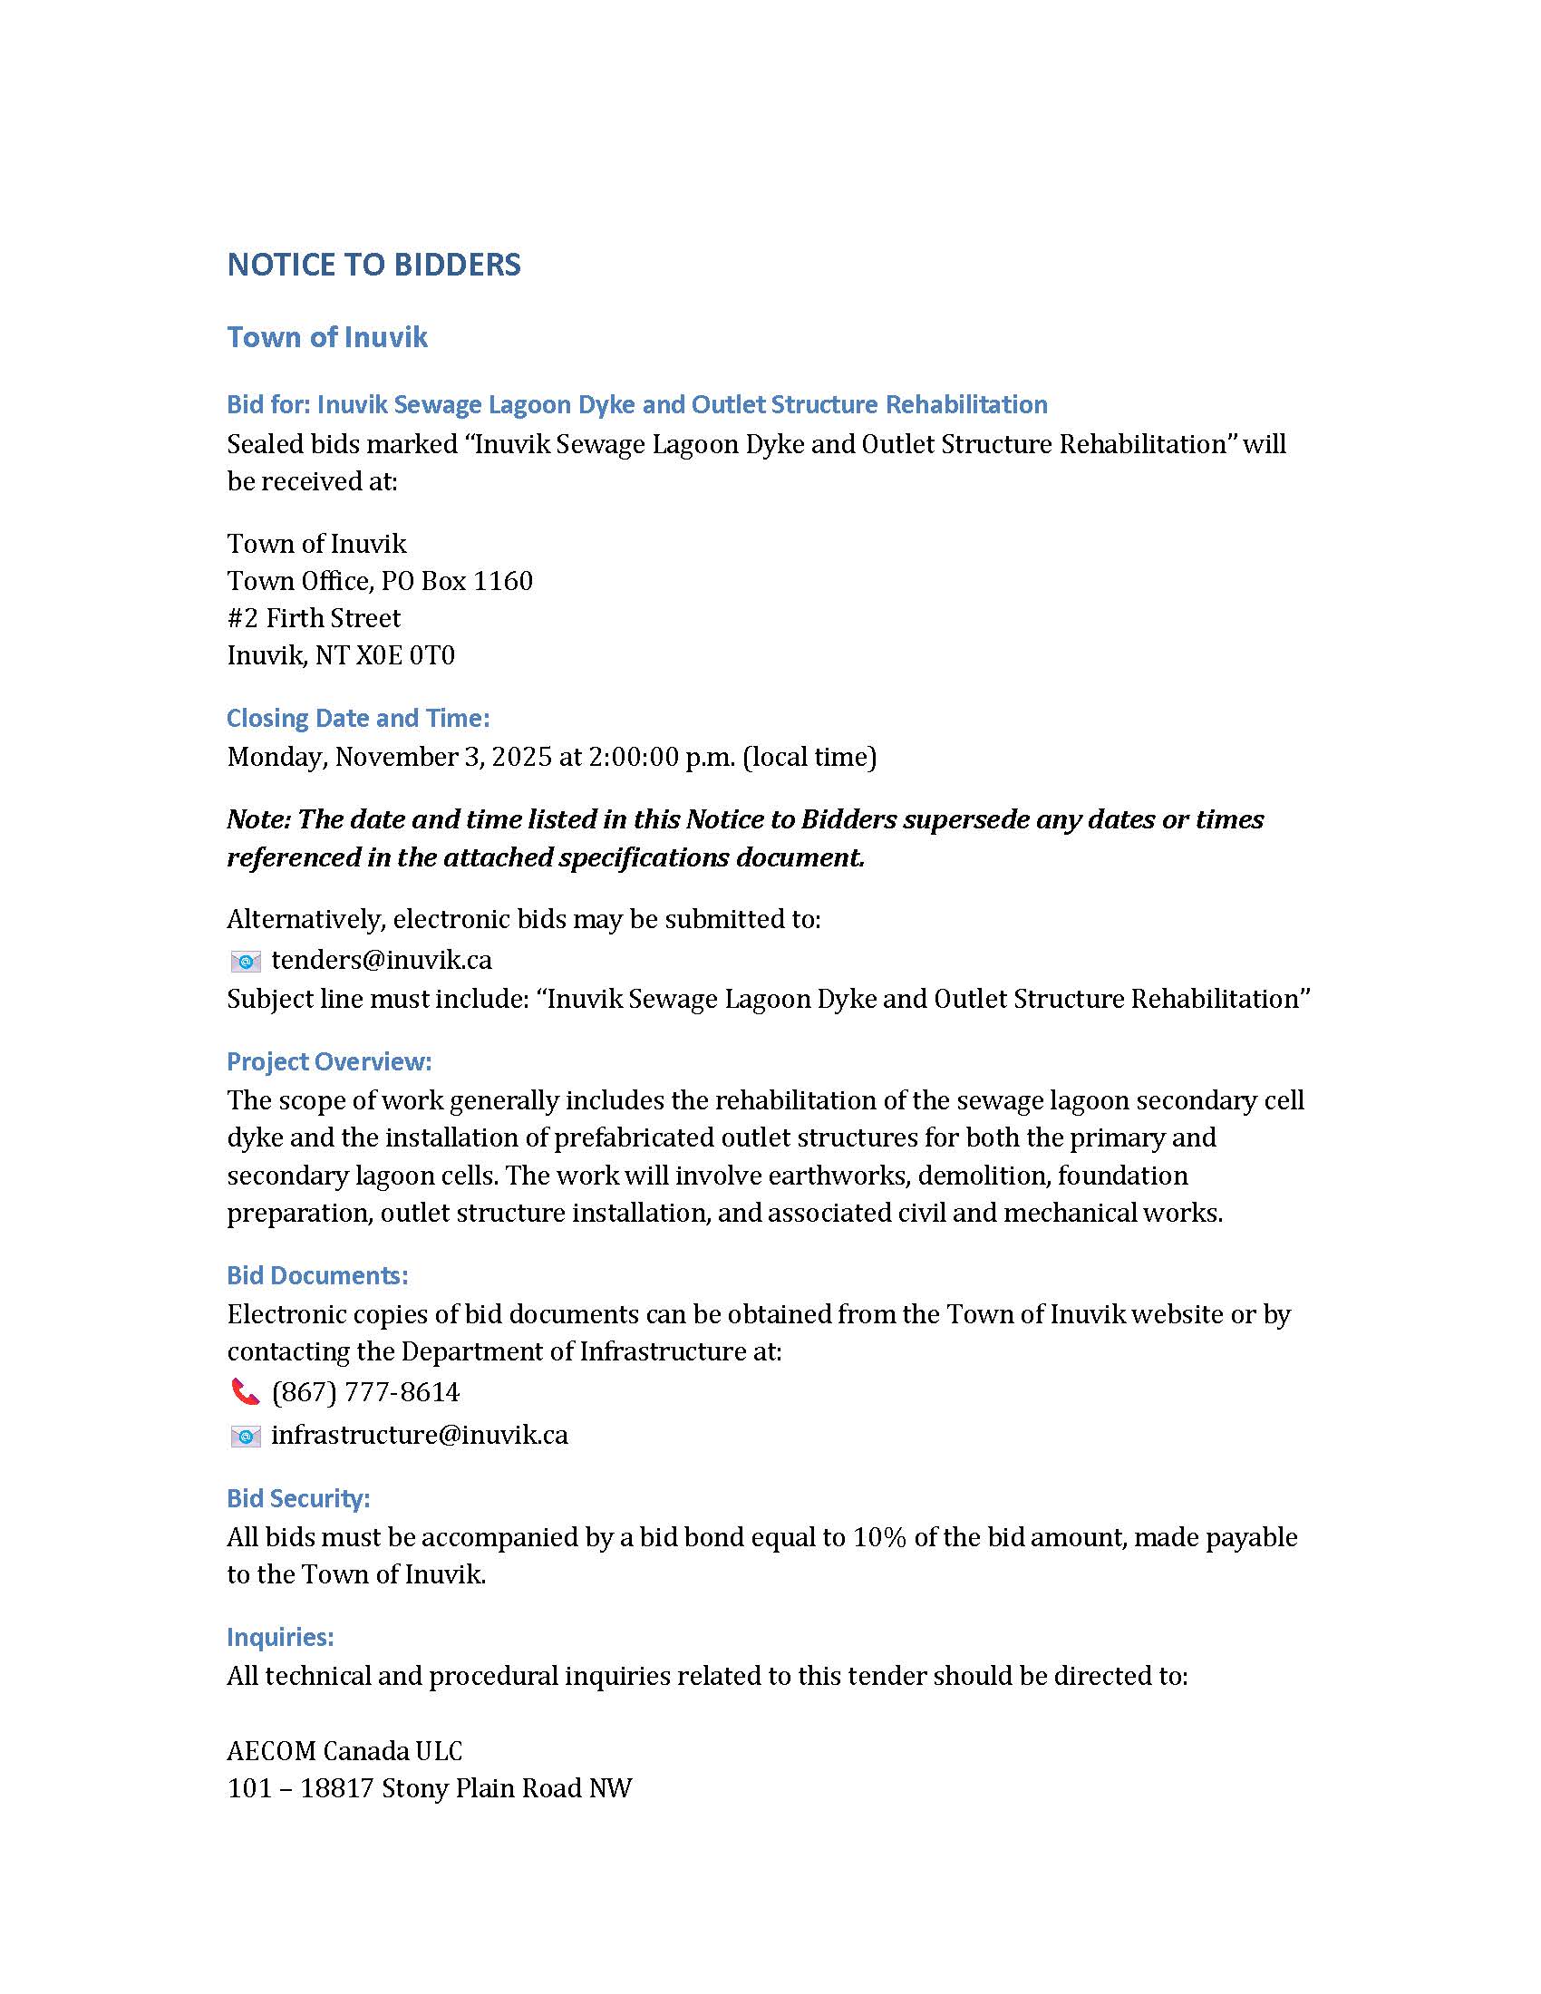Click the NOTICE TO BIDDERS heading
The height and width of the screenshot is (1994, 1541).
click(373, 265)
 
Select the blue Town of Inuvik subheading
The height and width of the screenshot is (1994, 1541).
click(327, 337)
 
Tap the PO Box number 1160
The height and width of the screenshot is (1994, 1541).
click(502, 581)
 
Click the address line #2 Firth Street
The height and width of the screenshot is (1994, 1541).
click(313, 618)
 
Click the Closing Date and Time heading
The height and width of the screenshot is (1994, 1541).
click(358, 718)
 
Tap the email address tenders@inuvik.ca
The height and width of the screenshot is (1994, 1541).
click(382, 960)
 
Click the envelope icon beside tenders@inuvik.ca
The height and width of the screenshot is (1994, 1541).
click(245, 961)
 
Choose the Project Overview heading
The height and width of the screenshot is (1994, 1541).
click(329, 1061)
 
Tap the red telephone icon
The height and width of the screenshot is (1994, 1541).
click(245, 1391)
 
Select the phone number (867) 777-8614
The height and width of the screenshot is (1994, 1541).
click(365, 1391)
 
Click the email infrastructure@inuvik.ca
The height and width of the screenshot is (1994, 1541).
click(419, 1435)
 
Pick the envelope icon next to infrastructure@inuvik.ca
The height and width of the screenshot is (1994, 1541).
click(245, 1437)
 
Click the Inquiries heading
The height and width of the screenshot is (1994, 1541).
click(279, 1637)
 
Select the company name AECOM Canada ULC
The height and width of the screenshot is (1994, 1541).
click(344, 1750)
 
